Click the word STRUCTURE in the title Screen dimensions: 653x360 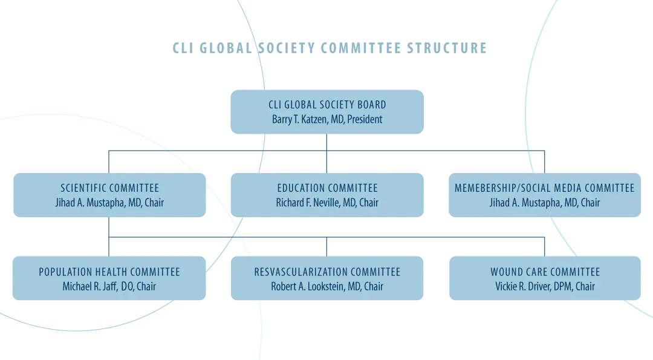(x=447, y=48)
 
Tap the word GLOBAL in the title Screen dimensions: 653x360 (x=226, y=48)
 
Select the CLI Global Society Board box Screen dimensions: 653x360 (x=327, y=112)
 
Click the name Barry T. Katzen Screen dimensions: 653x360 (x=301, y=120)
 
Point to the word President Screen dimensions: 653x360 (x=365, y=120)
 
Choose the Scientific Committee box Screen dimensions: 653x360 (x=109, y=195)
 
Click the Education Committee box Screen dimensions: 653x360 (x=327, y=195)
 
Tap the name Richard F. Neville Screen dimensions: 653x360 (x=307, y=203)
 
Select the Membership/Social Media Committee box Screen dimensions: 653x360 (x=545, y=195)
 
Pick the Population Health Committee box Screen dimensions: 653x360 (x=109, y=278)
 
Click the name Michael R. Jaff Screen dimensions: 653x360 (x=89, y=287)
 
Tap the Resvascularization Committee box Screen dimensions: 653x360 (x=327, y=278)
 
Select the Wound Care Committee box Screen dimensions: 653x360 (x=545, y=278)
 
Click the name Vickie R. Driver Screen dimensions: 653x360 (x=522, y=287)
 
